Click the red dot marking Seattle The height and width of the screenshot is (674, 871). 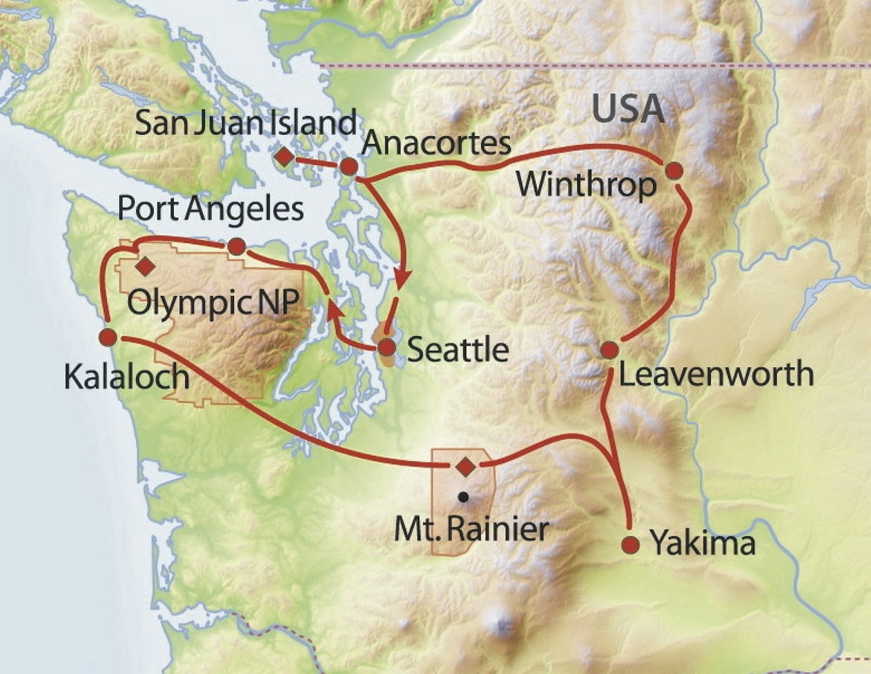pos(387,348)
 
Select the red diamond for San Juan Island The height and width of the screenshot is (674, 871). pos(284,157)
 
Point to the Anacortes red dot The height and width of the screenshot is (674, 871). pos(349,167)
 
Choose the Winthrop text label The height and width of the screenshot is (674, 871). pos(587,185)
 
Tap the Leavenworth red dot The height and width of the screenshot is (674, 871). pos(609,350)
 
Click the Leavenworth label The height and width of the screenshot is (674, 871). pos(716,374)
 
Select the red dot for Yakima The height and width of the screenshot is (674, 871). pos(631,544)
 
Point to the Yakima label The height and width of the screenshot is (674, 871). pos(703,543)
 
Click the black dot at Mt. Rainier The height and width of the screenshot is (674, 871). pos(463,497)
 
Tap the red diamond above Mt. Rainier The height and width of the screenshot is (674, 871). pos(464,467)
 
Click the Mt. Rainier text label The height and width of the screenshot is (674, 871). pos(472,529)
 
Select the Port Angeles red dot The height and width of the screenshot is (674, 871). pos(236,247)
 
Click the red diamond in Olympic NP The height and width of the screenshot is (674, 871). pos(145,266)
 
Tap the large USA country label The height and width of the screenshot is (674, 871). pos(628,109)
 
